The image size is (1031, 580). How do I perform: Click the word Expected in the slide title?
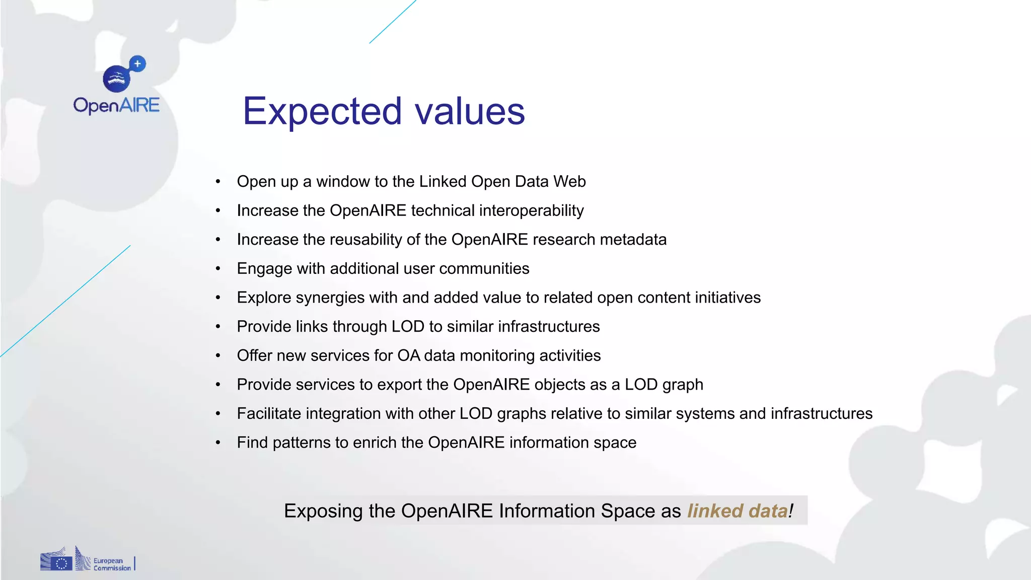(x=322, y=111)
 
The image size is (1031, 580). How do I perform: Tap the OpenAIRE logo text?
(x=116, y=105)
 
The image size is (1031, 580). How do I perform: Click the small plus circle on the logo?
(x=137, y=64)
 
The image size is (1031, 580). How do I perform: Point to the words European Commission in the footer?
(x=111, y=564)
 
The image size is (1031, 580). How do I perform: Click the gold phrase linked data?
(x=738, y=511)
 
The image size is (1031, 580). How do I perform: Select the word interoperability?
(x=532, y=210)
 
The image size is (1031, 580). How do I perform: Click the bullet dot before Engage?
(x=218, y=269)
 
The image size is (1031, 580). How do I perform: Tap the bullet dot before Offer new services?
(x=218, y=356)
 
